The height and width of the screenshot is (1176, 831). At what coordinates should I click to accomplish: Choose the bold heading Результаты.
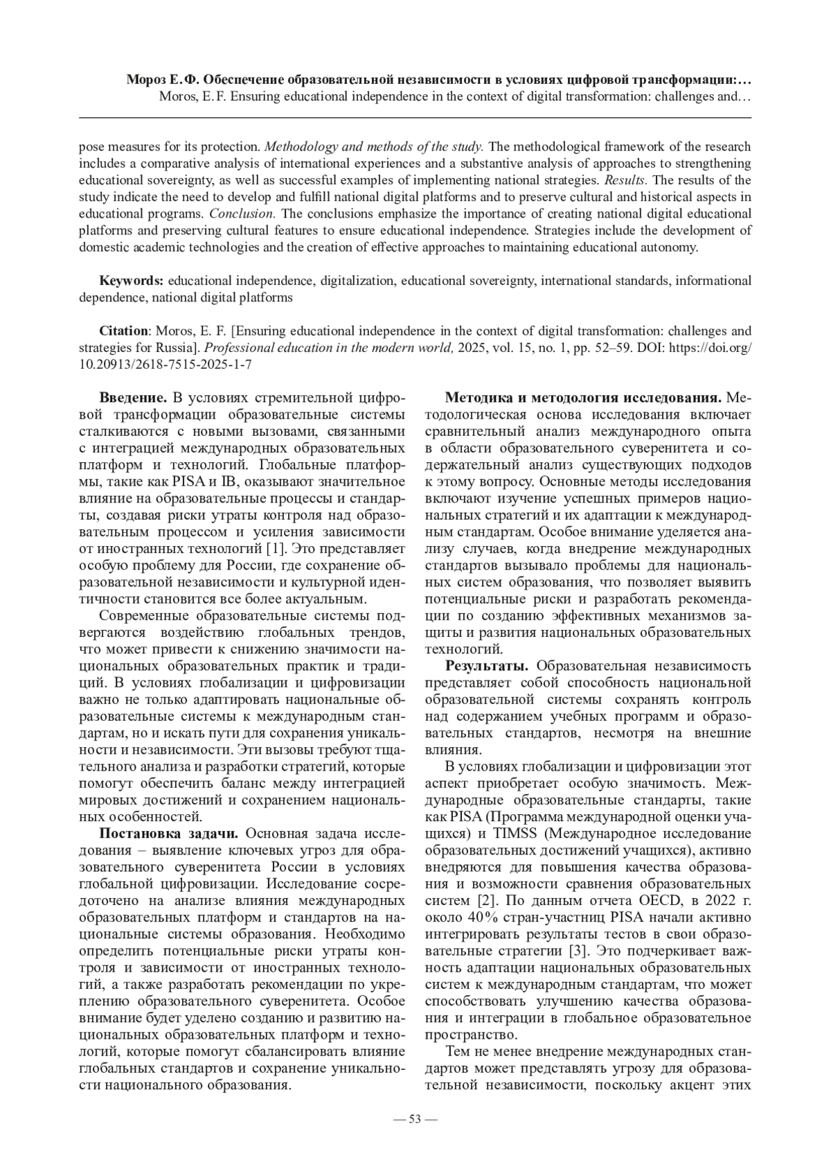pos(487,666)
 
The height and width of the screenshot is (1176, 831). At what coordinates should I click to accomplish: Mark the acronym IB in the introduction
pos(229,482)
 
